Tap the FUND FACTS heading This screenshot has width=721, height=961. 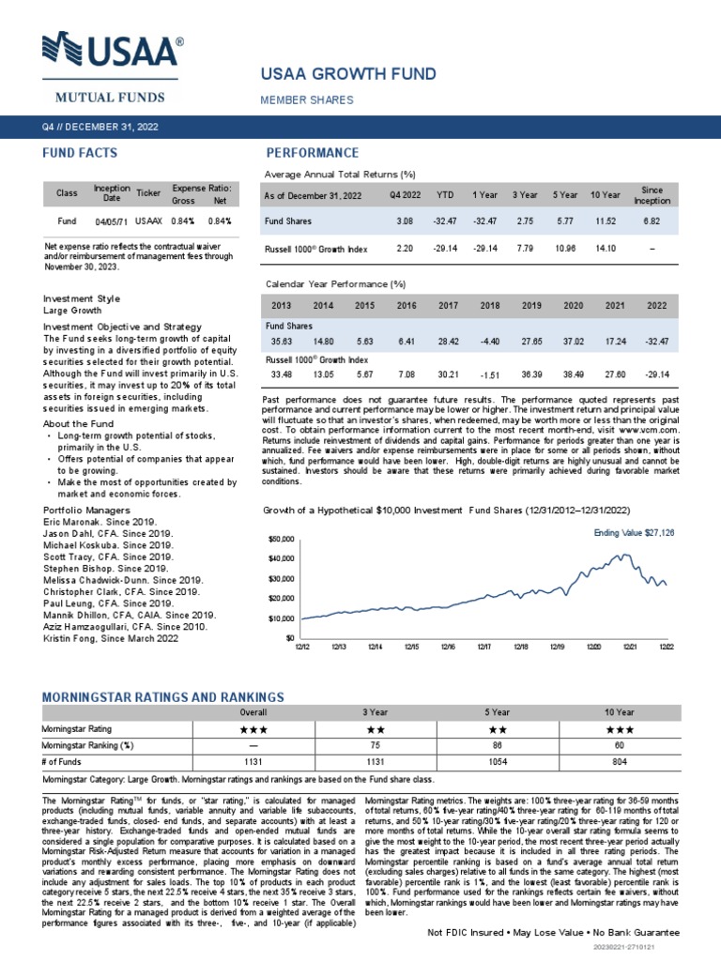tap(80, 153)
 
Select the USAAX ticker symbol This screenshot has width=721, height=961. tap(148, 221)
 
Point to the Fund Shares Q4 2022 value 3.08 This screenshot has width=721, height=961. tap(405, 221)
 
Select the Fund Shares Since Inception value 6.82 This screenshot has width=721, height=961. tap(652, 221)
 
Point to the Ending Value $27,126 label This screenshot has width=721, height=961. tap(634, 532)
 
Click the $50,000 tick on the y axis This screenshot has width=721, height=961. tap(282, 540)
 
